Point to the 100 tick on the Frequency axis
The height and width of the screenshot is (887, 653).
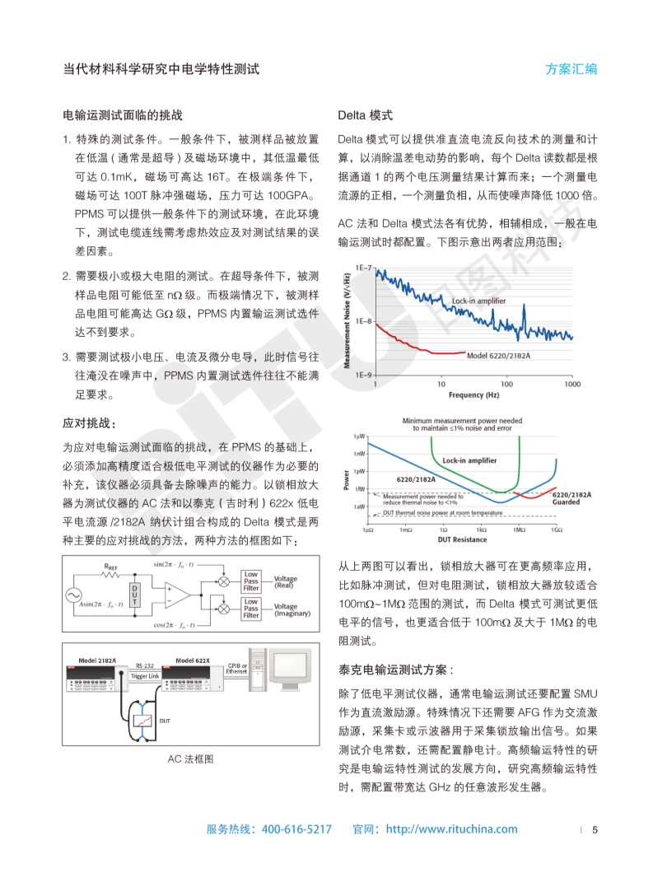pyautogui.click(x=506, y=385)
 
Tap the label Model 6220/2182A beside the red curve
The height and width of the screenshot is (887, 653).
pyautogui.click(x=498, y=356)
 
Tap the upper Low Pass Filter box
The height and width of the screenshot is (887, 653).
pyautogui.click(x=251, y=581)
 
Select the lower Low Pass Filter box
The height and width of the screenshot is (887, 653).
pyautogui.click(x=251, y=609)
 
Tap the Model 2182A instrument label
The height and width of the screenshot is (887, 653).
pyautogui.click(x=96, y=661)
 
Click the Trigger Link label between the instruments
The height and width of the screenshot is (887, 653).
pyautogui.click(x=145, y=675)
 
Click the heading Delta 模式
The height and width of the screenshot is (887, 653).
pyautogui.click(x=366, y=114)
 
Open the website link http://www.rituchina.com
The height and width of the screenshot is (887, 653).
pyautogui.click(x=451, y=829)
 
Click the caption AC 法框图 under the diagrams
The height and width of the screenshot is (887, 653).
pyautogui.click(x=190, y=759)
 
